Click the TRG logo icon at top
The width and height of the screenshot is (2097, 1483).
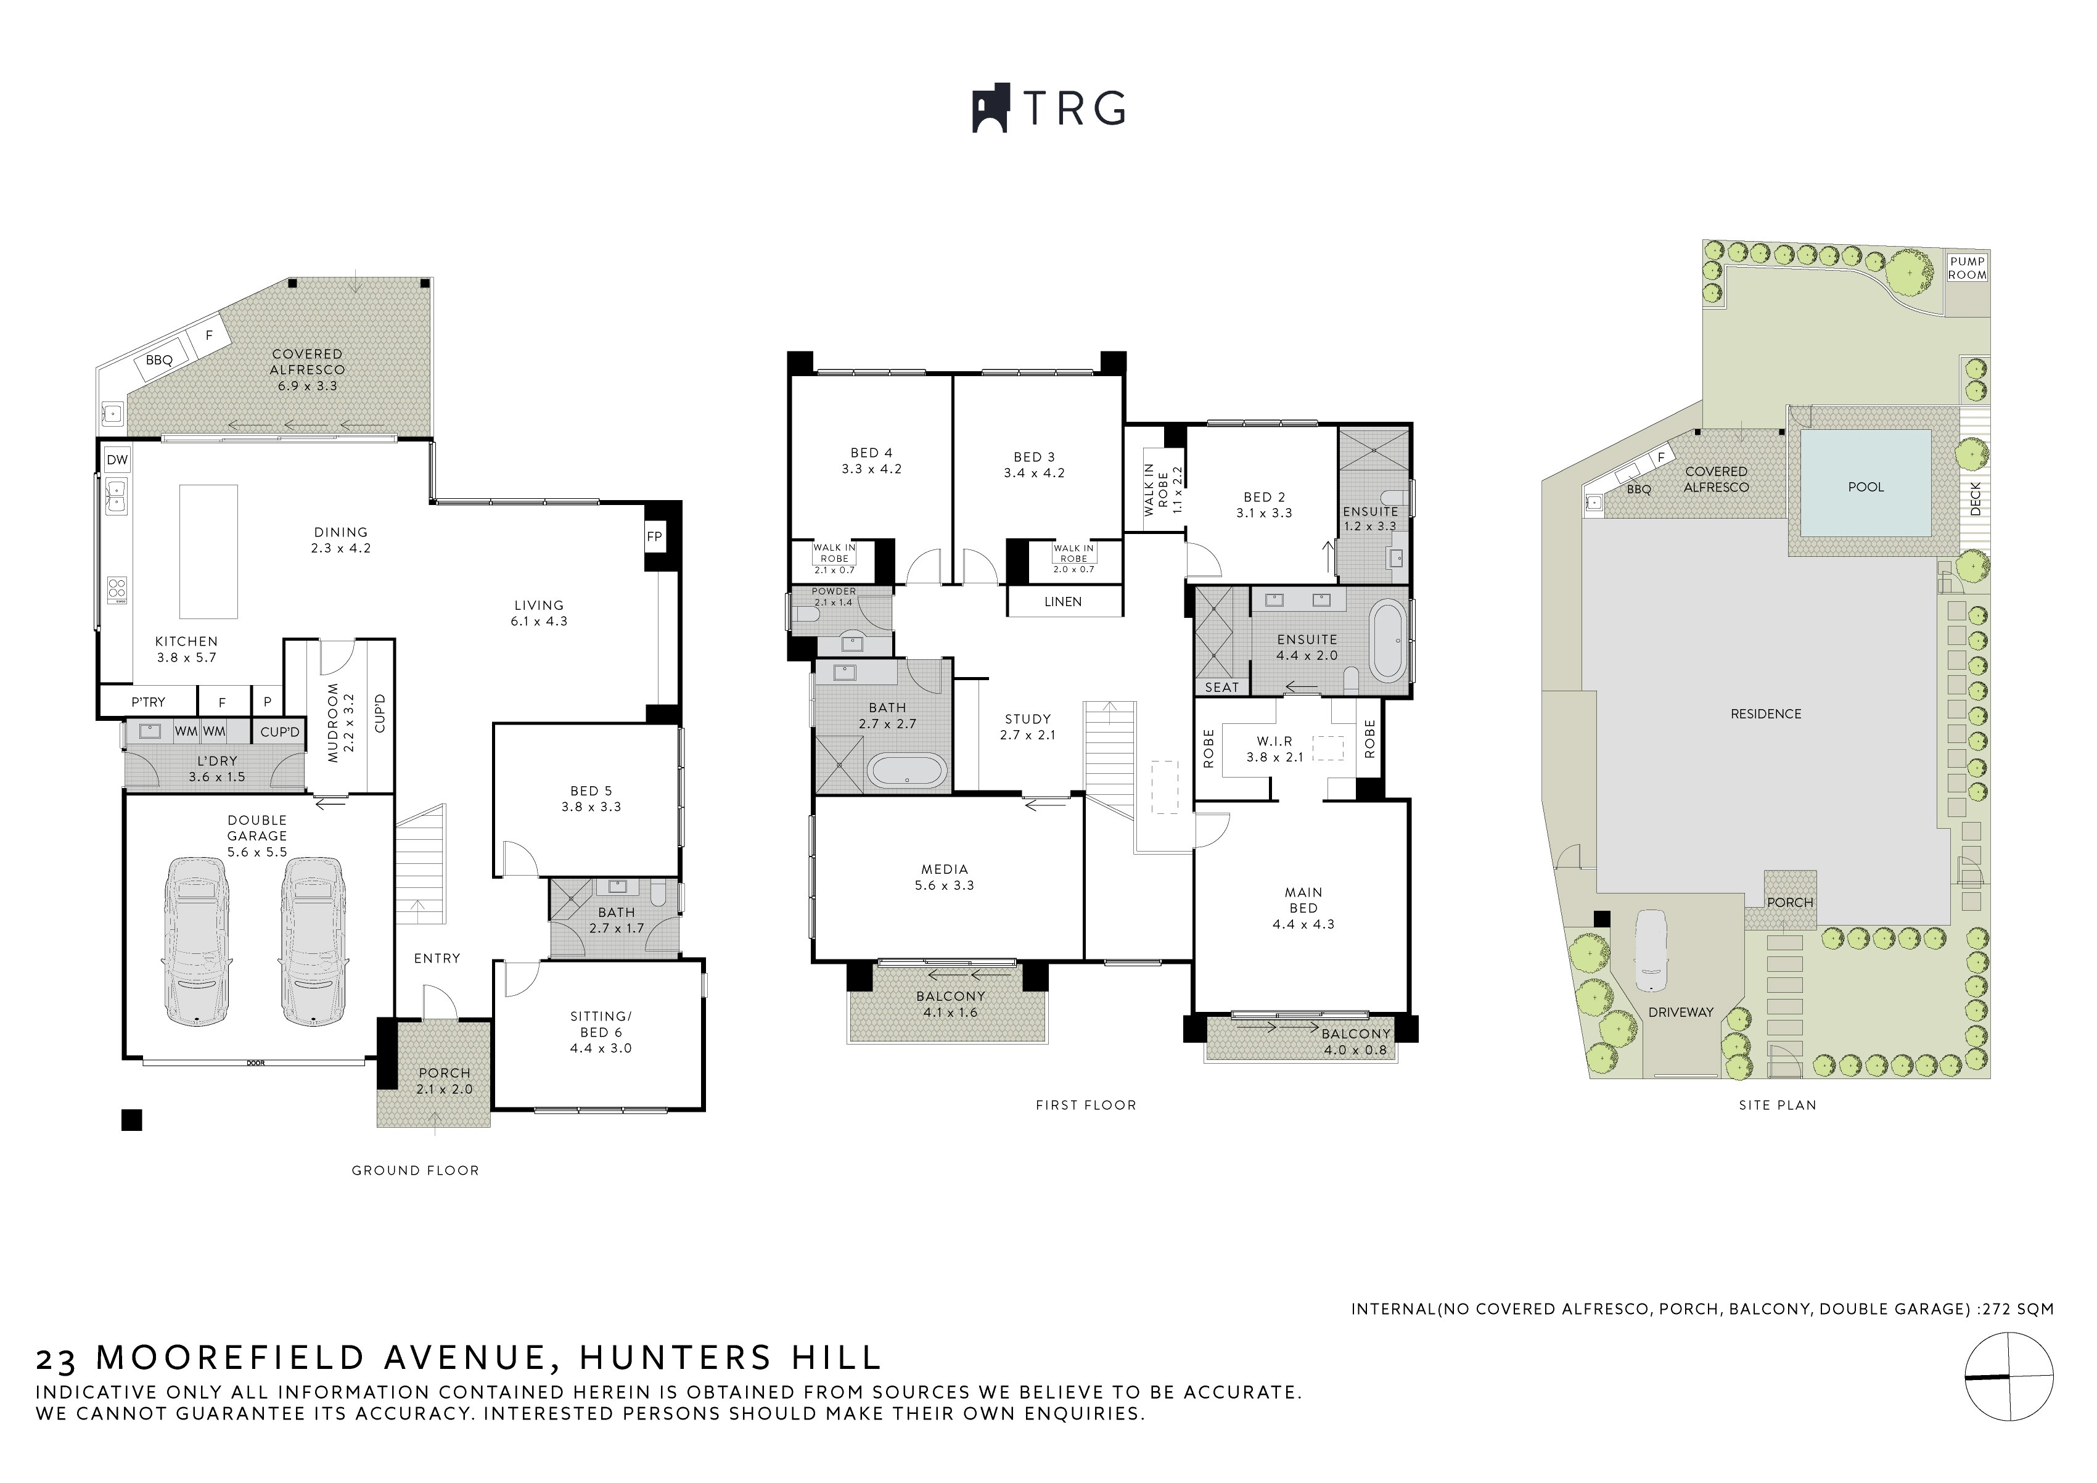[x=990, y=109]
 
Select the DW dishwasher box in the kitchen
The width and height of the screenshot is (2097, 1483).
[x=117, y=459]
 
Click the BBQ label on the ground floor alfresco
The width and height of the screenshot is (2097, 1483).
[x=159, y=359]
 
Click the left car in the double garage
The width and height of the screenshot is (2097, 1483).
[x=196, y=940]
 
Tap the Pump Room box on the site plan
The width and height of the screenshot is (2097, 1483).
[x=1968, y=268]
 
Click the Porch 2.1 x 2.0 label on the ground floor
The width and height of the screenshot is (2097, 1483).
[x=444, y=1080]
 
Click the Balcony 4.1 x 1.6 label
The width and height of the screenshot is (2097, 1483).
[x=950, y=1004]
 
